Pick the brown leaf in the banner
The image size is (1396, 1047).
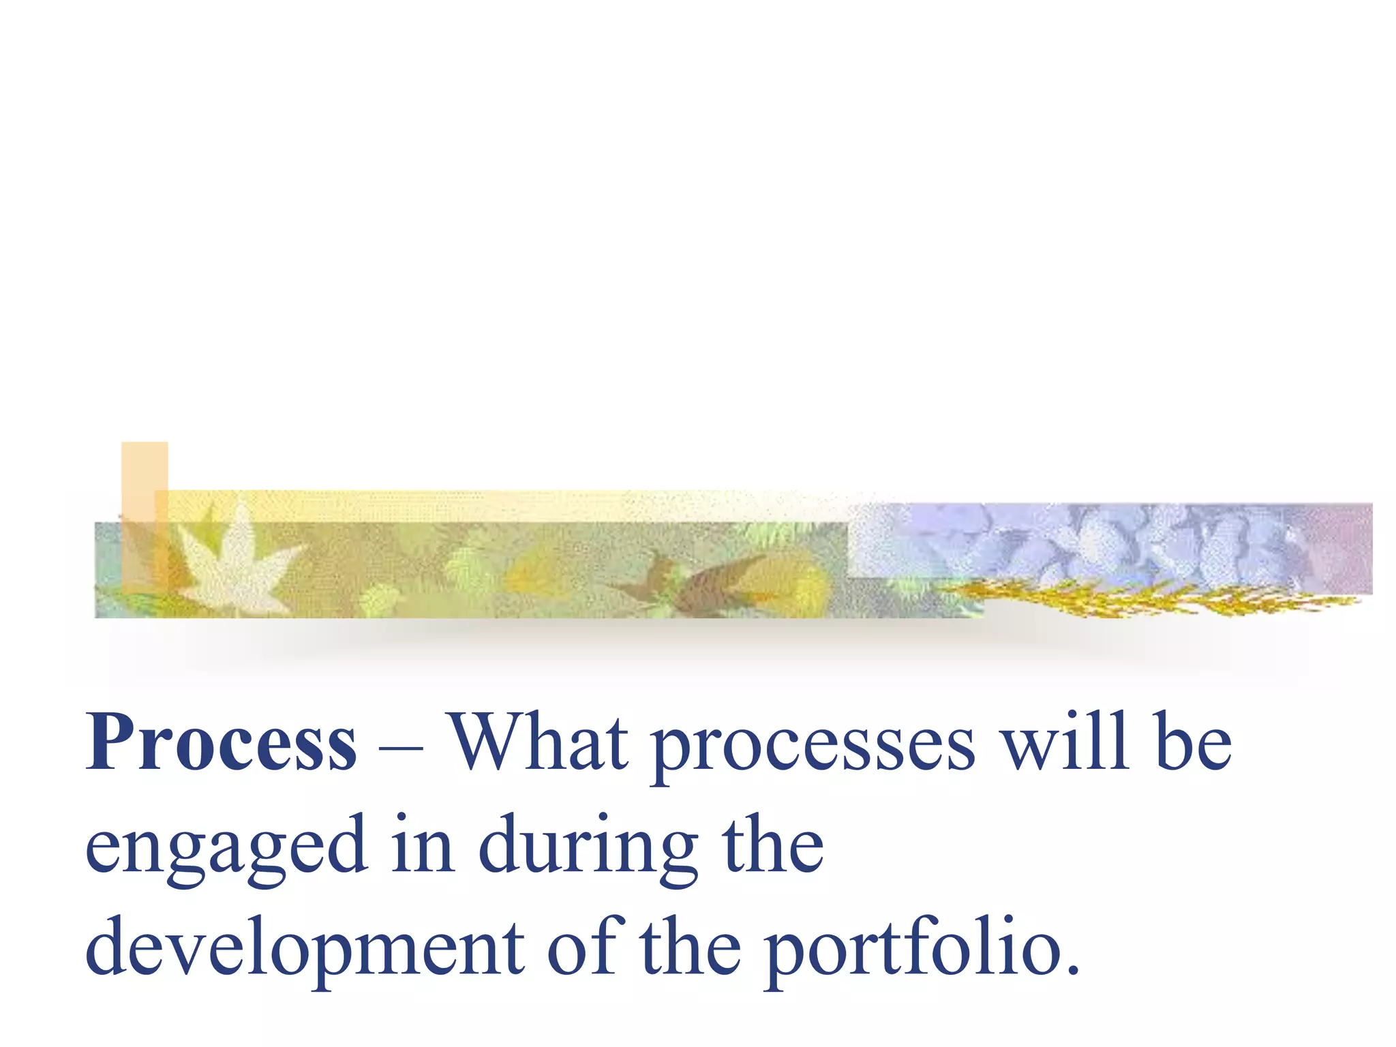point(702,579)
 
